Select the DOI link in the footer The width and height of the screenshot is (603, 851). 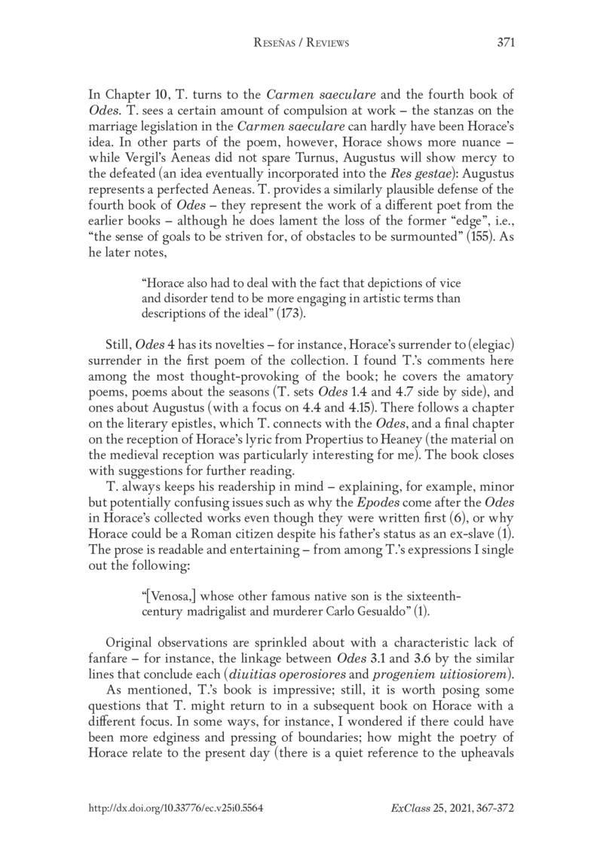(176, 807)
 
